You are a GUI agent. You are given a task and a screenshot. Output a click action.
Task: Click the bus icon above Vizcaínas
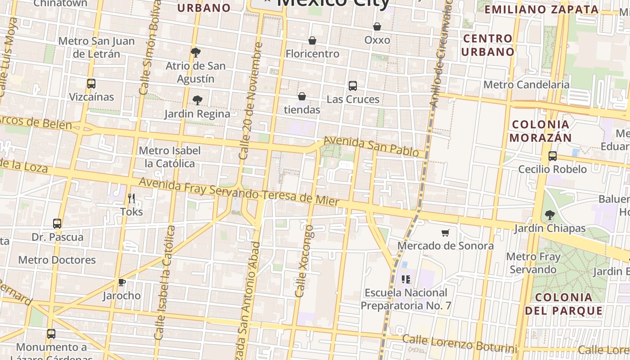pos(91,84)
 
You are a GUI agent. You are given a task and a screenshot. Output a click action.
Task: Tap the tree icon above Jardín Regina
pos(197,100)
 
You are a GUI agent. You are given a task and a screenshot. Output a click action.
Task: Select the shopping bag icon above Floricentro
pos(312,40)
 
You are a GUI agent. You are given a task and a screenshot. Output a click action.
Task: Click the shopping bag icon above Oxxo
pos(377,27)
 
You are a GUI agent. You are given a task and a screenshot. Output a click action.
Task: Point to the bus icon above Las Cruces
pos(353,85)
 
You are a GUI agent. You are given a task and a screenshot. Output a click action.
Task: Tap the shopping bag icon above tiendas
pos(302,96)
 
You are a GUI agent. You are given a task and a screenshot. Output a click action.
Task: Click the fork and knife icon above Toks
pos(131,198)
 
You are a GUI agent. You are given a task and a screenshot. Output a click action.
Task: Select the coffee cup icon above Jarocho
pos(121,282)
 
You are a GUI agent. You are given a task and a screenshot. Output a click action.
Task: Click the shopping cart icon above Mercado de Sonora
pos(445,233)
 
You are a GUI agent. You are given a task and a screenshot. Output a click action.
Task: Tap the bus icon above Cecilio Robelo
pos(553,156)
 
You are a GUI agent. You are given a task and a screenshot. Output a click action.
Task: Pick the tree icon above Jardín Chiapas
pos(549,215)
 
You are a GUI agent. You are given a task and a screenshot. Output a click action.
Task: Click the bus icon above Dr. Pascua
pos(57,224)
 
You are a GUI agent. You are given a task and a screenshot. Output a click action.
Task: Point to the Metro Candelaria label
pos(526,85)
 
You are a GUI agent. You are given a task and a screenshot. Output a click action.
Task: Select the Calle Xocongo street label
pos(305,261)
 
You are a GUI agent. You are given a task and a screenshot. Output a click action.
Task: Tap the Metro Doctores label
pos(57,260)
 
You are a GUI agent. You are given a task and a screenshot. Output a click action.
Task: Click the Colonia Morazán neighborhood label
pos(540,131)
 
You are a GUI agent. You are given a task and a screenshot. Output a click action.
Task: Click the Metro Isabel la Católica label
pos(170,157)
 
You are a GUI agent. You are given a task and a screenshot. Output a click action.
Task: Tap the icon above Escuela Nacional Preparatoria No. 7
pos(406,279)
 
